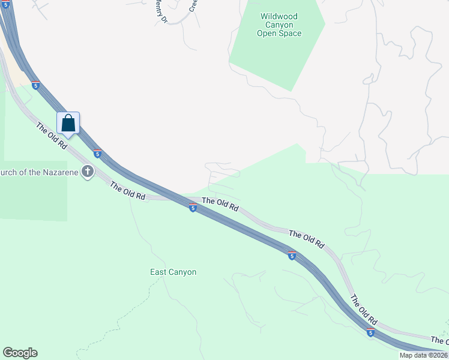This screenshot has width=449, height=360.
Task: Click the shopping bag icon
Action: click(x=68, y=124)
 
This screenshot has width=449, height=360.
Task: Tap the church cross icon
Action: click(x=88, y=172)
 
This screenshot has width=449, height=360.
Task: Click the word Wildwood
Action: click(x=279, y=16)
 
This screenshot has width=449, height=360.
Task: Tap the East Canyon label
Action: click(x=173, y=272)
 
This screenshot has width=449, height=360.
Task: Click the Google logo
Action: click(x=20, y=353)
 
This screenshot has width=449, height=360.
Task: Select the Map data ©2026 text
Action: click(x=423, y=355)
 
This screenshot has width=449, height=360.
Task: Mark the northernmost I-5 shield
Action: click(x=36, y=86)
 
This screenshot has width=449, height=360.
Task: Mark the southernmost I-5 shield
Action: click(x=370, y=332)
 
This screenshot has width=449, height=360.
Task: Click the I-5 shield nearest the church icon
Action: click(x=97, y=154)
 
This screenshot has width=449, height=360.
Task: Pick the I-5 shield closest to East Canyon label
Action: click(x=193, y=208)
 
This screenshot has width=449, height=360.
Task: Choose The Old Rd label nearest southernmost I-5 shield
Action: click(x=364, y=309)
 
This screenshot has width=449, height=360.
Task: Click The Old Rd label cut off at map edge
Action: click(x=440, y=341)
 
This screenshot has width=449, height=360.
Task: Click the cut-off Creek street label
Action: click(x=193, y=6)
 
